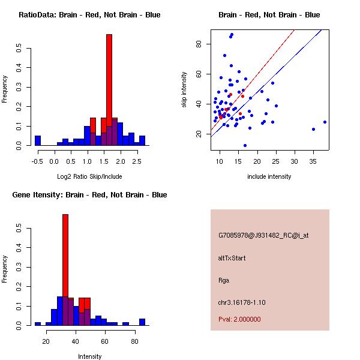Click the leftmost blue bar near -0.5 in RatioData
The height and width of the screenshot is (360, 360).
point(38,141)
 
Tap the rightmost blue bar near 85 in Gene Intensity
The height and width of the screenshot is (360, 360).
point(142,322)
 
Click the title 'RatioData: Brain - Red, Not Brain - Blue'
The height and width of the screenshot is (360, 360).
point(89,15)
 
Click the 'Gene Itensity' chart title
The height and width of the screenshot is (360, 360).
point(89,195)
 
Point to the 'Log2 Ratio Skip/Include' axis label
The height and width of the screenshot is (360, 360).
point(88,176)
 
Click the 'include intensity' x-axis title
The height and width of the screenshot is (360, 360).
point(269,176)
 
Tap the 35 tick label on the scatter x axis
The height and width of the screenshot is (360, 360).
point(313,161)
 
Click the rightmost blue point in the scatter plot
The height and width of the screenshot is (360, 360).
point(325,122)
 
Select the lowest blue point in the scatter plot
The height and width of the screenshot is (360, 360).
point(245,145)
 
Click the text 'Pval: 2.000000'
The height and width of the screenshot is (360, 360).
point(239,319)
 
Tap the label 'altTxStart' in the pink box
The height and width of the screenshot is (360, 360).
point(233,258)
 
